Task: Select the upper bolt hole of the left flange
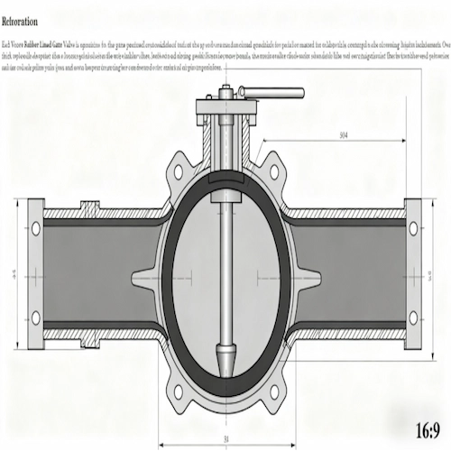[36, 229]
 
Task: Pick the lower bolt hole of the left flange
[36, 317]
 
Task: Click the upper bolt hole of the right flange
[414, 229]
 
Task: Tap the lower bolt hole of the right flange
[414, 317]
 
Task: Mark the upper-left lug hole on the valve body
[179, 170]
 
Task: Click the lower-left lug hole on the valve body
[179, 390]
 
